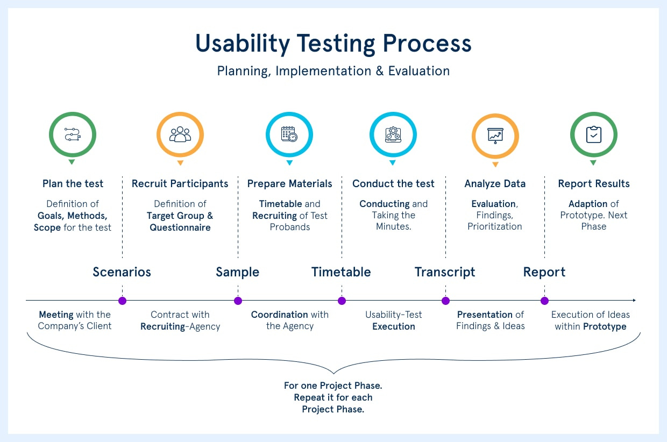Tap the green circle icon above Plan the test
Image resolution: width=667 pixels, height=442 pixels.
click(x=72, y=134)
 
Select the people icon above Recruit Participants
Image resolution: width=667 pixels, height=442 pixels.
click(x=180, y=134)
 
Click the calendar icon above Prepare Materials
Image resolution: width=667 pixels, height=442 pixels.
click(x=289, y=134)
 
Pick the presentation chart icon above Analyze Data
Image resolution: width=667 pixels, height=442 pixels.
click(x=495, y=136)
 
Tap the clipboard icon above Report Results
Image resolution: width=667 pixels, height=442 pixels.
click(x=593, y=134)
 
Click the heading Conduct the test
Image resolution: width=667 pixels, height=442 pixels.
click(x=393, y=184)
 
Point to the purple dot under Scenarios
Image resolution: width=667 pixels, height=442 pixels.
click(x=122, y=301)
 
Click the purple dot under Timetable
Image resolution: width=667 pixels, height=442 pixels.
click(x=342, y=301)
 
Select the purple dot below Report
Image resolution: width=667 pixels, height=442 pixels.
click(x=544, y=301)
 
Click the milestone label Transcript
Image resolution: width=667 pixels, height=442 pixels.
click(x=445, y=272)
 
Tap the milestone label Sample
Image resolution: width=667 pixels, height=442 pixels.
click(x=237, y=272)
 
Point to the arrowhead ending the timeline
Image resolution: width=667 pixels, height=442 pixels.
click(x=634, y=300)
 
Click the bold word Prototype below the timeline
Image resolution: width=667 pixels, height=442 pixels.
click(x=605, y=326)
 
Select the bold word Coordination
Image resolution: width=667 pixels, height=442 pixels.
click(x=279, y=315)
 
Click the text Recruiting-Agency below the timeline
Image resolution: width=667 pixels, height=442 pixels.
click(x=180, y=326)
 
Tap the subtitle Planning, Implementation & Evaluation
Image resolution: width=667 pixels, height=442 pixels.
click(x=333, y=71)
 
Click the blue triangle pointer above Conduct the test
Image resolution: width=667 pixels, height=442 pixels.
click(x=393, y=163)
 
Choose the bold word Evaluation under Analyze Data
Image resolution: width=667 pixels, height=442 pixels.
click(x=493, y=204)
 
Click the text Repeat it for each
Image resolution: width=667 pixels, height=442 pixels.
click(x=333, y=397)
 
